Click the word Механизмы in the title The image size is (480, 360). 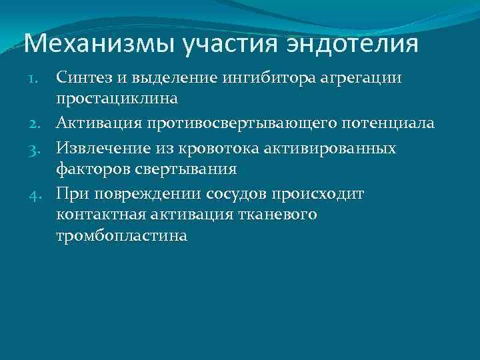click(x=99, y=45)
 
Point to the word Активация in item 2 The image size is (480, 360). click(x=97, y=123)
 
